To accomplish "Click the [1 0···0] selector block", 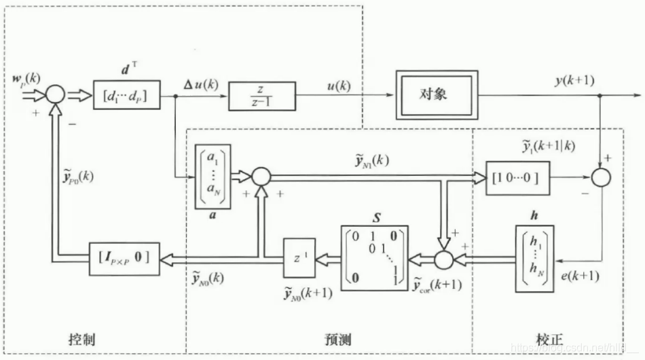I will (x=517, y=177).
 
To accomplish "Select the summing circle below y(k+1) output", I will (x=600, y=177).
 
